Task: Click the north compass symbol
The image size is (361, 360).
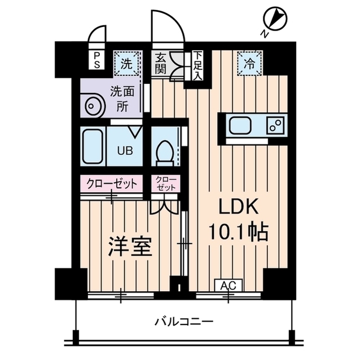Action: click(x=276, y=20)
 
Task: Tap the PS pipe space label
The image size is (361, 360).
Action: click(x=97, y=60)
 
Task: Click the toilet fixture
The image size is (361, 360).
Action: click(x=165, y=150)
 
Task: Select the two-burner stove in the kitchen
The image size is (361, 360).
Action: click(x=275, y=125)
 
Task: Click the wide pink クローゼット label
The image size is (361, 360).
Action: click(x=112, y=183)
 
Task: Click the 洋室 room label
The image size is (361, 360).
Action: click(x=130, y=247)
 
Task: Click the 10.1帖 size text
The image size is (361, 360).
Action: click(x=237, y=231)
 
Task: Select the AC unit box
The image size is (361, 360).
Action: click(x=228, y=286)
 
